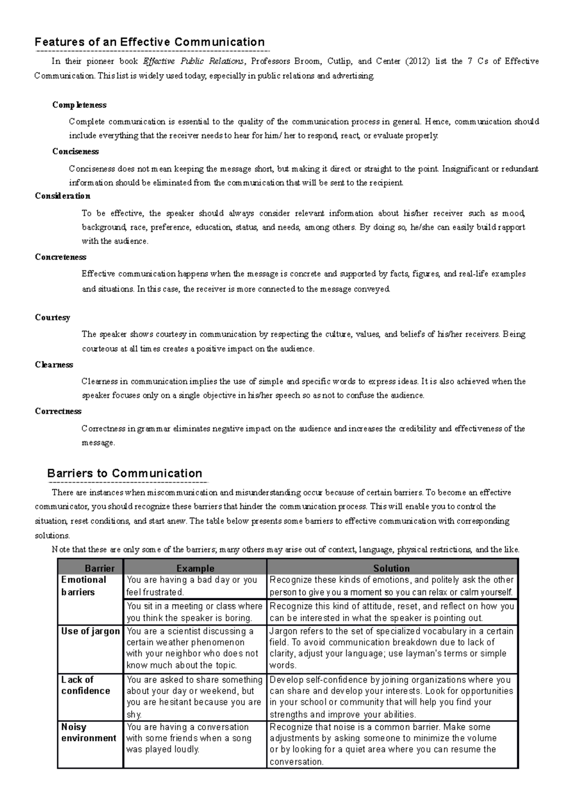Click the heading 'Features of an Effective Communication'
coord(150,42)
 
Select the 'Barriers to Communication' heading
coord(124,473)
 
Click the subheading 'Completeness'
coord(79,105)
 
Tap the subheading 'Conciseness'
coord(76,152)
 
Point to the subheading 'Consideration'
coord(63,196)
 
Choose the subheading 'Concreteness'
coord(61,257)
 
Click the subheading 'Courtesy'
coord(53,318)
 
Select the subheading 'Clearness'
coord(54,365)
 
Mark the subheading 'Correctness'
coord(58,411)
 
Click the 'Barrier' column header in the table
coord(99,568)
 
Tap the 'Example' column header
coord(195,568)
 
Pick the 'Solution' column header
coord(391,568)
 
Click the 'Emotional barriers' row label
coord(84,586)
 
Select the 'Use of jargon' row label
coord(90,631)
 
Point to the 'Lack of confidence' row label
coord(86,685)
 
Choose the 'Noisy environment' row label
coord(88,733)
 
